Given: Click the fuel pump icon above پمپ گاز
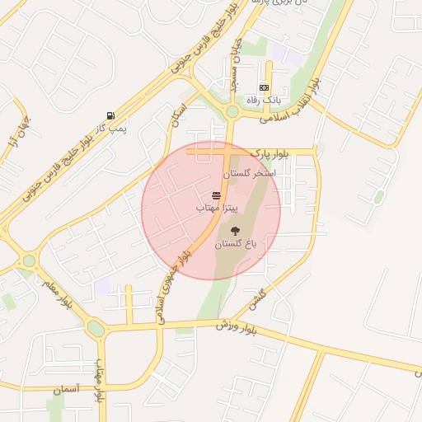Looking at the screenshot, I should [x=110, y=115].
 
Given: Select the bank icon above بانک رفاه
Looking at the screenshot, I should [x=264, y=87].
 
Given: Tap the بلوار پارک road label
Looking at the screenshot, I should [x=271, y=152].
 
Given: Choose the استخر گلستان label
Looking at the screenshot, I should [x=247, y=175].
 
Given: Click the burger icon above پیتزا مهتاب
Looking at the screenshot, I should [x=216, y=195].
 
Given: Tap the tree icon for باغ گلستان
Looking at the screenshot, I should [x=236, y=231].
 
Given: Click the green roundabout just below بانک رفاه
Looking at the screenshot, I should [x=232, y=110].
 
